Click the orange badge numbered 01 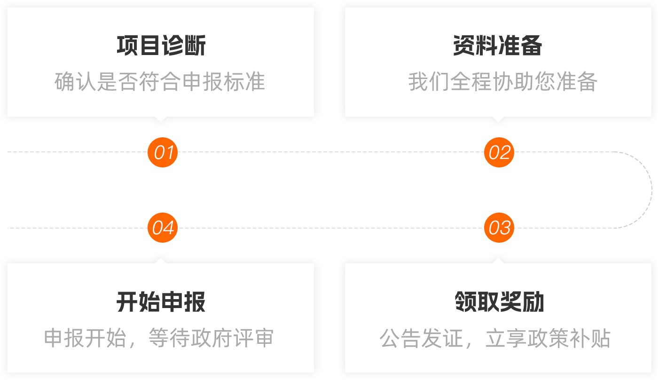tap(163, 152)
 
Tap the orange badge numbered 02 tap(499, 152)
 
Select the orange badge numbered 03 tap(499, 228)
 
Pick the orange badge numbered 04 tap(163, 228)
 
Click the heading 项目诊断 tap(161, 46)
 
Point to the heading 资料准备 tap(498, 46)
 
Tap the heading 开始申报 tap(161, 302)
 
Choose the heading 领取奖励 tap(499, 302)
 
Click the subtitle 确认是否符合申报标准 tap(160, 82)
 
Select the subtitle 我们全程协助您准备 tap(502, 82)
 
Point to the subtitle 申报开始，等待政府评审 tap(159, 338)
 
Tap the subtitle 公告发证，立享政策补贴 tap(495, 338)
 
